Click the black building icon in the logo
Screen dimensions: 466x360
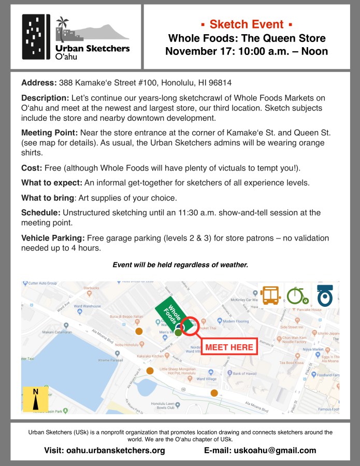35,37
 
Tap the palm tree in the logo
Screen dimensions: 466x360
63,25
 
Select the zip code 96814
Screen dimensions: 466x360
219,82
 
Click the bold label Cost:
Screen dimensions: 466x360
32,168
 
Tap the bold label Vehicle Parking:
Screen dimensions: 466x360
53,238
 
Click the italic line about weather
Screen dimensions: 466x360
180,265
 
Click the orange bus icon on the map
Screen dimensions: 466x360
270,295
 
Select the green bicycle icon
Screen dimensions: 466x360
297,295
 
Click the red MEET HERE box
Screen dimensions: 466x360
228,347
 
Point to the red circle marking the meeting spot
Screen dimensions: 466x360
190,326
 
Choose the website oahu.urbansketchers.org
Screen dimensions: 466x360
105,450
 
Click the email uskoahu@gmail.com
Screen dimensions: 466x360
260,450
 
